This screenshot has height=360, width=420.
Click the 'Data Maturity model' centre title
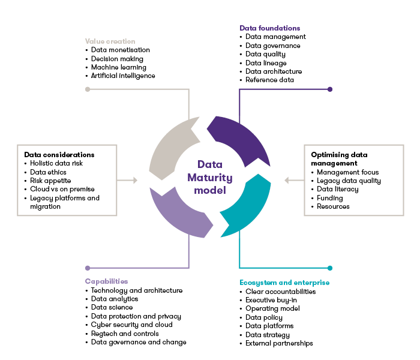pyautogui.click(x=210, y=177)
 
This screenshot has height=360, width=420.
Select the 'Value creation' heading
pyautogui.click(x=110, y=41)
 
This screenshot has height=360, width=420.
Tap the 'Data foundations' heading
pyautogui.click(x=269, y=28)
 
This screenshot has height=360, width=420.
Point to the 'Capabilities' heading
pyautogui.click(x=106, y=281)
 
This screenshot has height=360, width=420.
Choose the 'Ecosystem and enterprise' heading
pyautogui.click(x=284, y=283)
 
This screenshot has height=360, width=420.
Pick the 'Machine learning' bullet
pyautogui.click(x=118, y=67)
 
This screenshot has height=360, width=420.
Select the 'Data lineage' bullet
pyautogui.click(x=266, y=63)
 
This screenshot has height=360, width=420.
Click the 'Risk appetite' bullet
pyautogui.click(x=50, y=181)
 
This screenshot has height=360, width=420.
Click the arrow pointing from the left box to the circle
pyautogui.click(x=128, y=180)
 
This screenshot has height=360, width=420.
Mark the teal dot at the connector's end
pyautogui.click(x=330, y=268)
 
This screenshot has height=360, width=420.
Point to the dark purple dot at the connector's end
pyautogui.click(x=330, y=89)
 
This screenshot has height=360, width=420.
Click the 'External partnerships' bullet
pyautogui.click(x=280, y=344)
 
